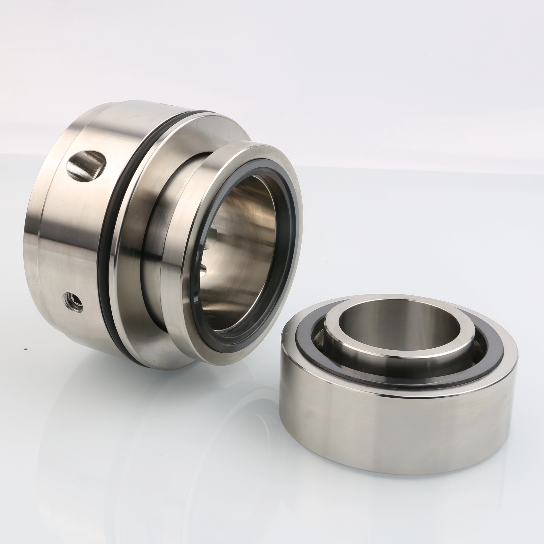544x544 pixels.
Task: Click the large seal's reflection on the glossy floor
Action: (169, 422)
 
